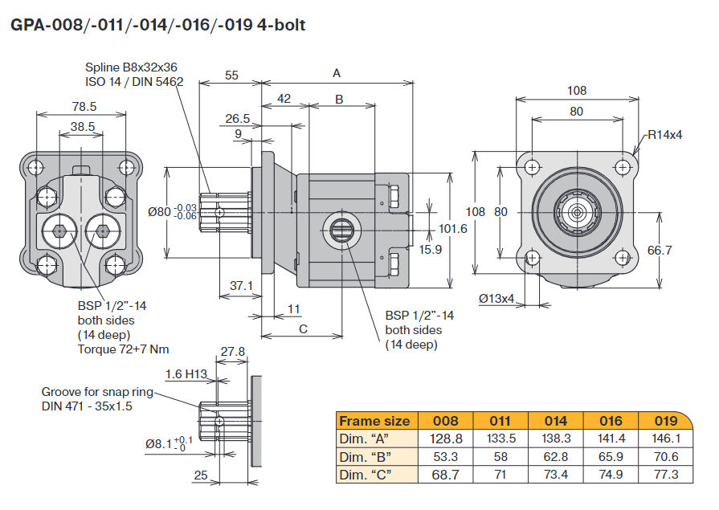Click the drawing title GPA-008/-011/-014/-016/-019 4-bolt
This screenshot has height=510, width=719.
[157, 25]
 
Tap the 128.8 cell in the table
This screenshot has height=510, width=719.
[446, 438]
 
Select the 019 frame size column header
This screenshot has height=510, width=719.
[665, 421]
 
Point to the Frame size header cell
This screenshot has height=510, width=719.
[375, 421]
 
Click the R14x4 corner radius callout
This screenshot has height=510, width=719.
[665, 134]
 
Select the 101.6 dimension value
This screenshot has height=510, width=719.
[453, 229]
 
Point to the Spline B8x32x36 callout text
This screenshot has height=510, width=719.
[131, 68]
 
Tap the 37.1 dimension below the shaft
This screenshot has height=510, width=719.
[241, 285]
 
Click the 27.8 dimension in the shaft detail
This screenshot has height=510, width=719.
[232, 351]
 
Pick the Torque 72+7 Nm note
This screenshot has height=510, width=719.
[123, 349]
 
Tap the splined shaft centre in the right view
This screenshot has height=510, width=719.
[577, 211]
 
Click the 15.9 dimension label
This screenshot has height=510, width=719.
[431, 250]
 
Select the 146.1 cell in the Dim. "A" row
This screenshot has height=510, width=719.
[665, 438]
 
